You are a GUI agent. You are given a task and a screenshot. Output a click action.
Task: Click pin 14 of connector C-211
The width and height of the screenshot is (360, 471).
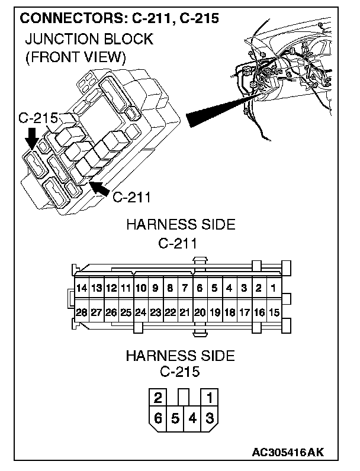pyautogui.click(x=82, y=289)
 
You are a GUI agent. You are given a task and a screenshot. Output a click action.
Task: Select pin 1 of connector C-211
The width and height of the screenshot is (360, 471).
pyautogui.click(x=273, y=289)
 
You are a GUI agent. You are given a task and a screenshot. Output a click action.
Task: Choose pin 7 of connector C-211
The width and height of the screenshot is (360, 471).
pyautogui.click(x=185, y=289)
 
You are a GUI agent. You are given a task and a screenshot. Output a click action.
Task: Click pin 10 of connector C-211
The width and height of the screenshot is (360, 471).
pyautogui.click(x=140, y=289)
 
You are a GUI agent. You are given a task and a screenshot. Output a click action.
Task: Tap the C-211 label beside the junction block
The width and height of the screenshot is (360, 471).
pyautogui.click(x=131, y=196)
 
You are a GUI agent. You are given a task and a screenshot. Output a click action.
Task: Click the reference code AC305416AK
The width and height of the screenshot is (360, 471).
pyautogui.click(x=288, y=453)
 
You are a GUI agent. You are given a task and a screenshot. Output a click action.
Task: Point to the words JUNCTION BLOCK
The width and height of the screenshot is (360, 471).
pyautogui.click(x=89, y=40)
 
